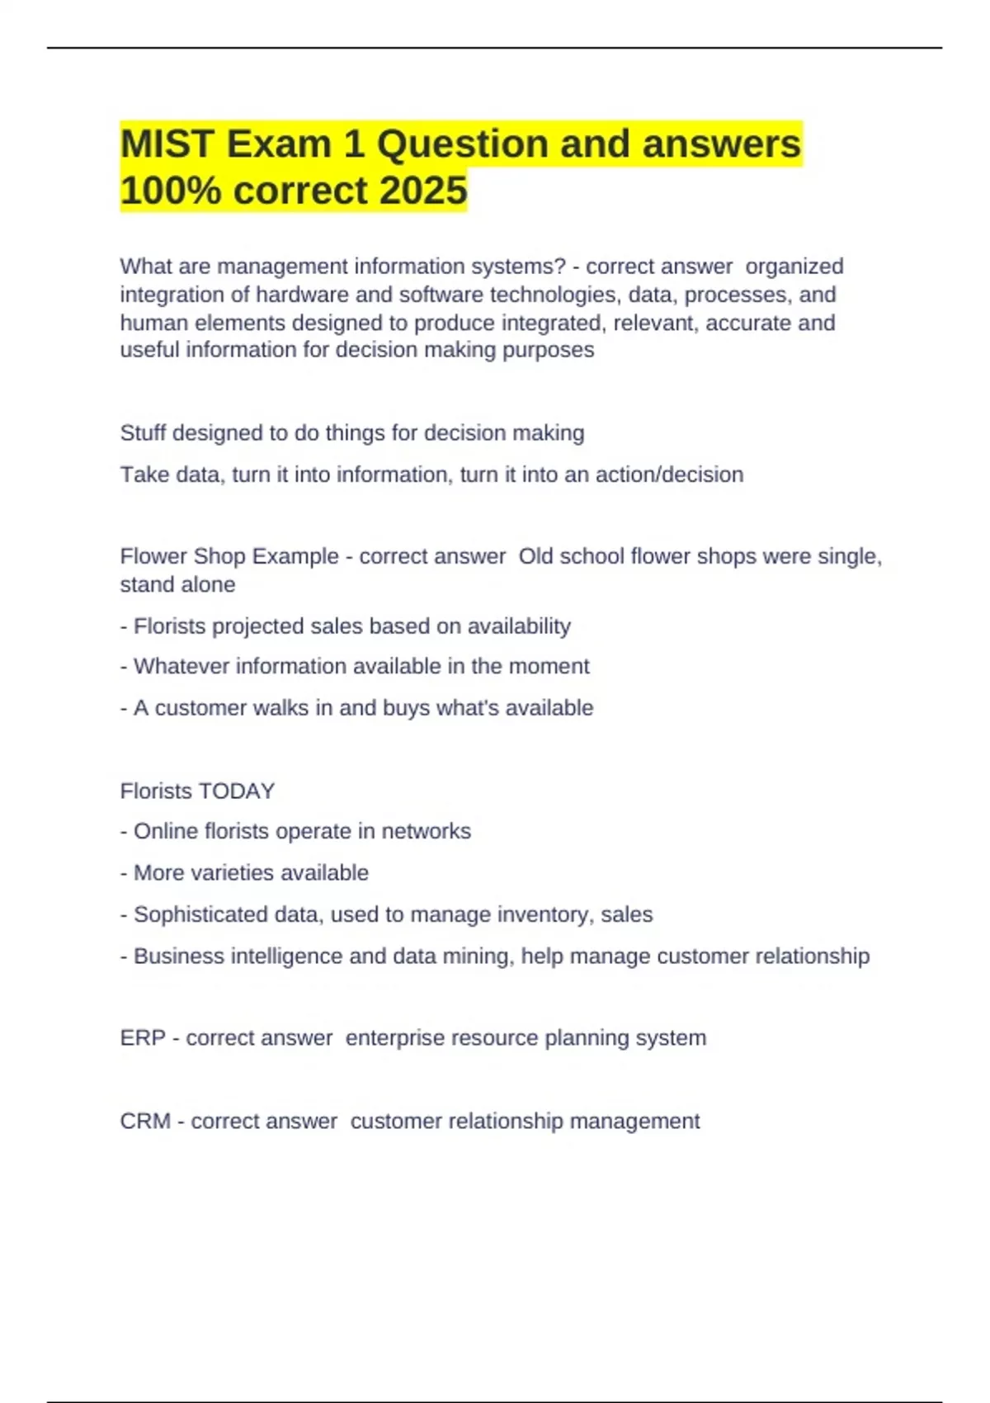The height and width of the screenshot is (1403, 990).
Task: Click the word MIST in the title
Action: pyautogui.click(x=167, y=144)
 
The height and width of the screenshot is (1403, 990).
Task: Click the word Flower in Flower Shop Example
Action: pyautogui.click(x=153, y=556)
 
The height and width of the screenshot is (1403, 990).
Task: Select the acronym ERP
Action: pyautogui.click(x=143, y=1037)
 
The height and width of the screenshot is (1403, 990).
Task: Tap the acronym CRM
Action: pyautogui.click(x=145, y=1121)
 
